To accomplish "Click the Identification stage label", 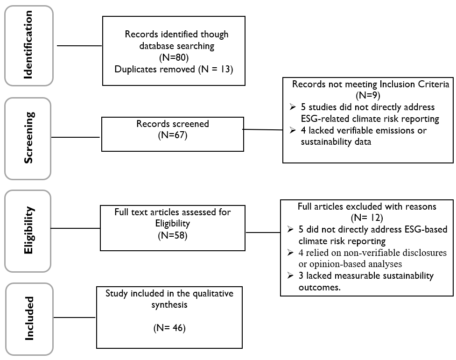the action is (x=28, y=45).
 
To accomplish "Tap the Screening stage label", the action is (x=28, y=138).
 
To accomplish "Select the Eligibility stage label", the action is (x=28, y=230).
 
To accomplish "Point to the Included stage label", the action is (x=29, y=318).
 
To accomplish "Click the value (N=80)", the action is (x=174, y=57).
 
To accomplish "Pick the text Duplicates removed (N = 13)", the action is (x=174, y=69).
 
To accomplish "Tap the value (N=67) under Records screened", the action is (x=173, y=135).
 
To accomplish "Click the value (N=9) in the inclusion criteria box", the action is (x=368, y=95).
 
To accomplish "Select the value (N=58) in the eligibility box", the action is (x=173, y=235).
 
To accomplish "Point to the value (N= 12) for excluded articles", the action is (x=367, y=218).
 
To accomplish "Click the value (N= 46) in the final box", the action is (x=169, y=328).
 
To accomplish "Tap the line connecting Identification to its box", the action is (x=79, y=46).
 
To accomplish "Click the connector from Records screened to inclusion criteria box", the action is (x=263, y=129).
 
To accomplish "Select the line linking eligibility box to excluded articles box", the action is (x=263, y=233).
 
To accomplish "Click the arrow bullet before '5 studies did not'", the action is (x=293, y=107).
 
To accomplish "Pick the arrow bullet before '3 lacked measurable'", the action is (x=290, y=275).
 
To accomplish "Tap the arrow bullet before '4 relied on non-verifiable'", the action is (x=290, y=253).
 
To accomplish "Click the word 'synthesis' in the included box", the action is (x=169, y=305).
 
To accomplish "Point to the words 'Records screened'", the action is (x=173, y=124).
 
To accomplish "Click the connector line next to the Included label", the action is (x=75, y=318).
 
